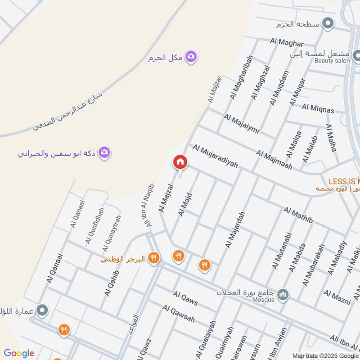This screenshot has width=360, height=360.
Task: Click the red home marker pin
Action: click(180, 162)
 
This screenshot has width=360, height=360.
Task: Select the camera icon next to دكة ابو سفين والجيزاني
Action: click(104, 153)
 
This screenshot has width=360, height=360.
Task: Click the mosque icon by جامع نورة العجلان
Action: click(283, 295)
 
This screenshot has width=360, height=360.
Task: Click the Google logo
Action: click(19, 353)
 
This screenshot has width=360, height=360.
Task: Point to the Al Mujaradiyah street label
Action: click(215, 156)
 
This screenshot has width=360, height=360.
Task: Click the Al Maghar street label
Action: click(287, 43)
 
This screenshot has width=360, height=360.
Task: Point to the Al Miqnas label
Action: click(318, 108)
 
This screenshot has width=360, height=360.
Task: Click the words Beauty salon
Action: click(332, 61)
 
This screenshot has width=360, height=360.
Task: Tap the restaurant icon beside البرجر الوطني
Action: click(154, 258)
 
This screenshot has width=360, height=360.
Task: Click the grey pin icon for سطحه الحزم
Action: click(329, 23)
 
